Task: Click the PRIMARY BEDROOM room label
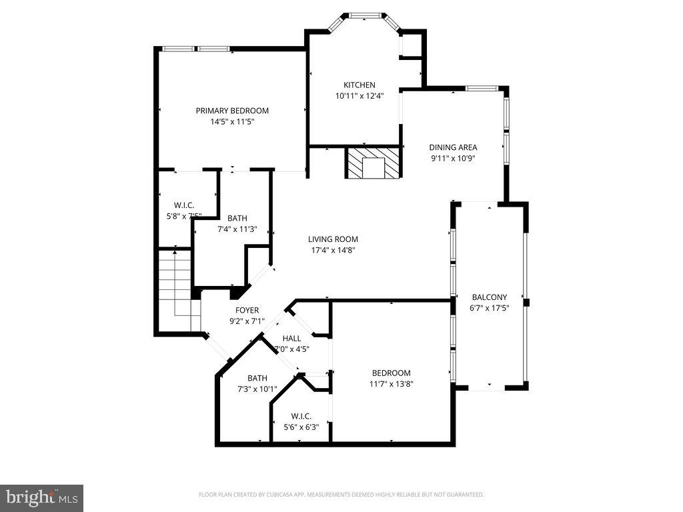[231, 111]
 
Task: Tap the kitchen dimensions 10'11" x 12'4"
[359, 96]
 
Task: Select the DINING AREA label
[453, 147]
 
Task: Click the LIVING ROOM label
[333, 239]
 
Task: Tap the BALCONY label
[490, 297]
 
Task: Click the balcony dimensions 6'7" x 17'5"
[490, 309]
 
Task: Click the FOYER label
[247, 310]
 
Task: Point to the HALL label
[291, 338]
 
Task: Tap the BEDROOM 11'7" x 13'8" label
[391, 373]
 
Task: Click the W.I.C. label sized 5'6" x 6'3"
[301, 417]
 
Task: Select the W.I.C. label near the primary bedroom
[183, 205]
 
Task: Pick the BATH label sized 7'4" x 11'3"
[237, 218]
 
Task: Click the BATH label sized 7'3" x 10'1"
[257, 377]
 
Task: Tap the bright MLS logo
[41, 498]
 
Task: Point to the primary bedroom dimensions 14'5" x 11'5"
[231, 122]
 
